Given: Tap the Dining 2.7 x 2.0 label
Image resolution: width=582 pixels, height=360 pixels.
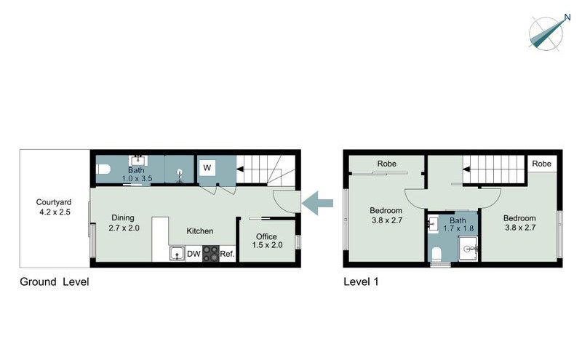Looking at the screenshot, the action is pyautogui.click(x=124, y=223).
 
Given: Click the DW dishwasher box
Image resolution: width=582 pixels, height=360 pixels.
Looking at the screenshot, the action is pyautogui.click(x=194, y=254).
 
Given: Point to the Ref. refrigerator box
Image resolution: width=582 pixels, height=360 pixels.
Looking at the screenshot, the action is pyautogui.click(x=227, y=254).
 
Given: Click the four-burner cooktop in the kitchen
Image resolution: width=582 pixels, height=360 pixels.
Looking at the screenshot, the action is pyautogui.click(x=210, y=254).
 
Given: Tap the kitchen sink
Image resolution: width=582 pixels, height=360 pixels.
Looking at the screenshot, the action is pyautogui.click(x=178, y=254).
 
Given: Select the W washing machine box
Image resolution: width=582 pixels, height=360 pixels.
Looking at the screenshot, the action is pyautogui.click(x=207, y=168).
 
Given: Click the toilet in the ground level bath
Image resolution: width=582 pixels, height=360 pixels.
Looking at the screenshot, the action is pyautogui.click(x=103, y=169).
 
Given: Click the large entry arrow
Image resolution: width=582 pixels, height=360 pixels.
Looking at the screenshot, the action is pyautogui.click(x=317, y=203).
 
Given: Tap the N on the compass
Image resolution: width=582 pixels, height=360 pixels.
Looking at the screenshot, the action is pyautogui.click(x=567, y=17).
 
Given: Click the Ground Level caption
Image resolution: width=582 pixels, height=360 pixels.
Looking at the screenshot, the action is pyautogui.click(x=54, y=281).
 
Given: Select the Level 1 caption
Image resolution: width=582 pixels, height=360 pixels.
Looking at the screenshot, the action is pyautogui.click(x=361, y=281).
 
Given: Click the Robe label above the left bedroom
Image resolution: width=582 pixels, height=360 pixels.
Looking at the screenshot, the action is pyautogui.click(x=387, y=164).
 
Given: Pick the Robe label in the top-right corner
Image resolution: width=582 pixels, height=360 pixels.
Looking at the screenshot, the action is pyautogui.click(x=541, y=164).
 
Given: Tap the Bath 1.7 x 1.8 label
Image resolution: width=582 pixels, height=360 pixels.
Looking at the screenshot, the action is pyautogui.click(x=458, y=225).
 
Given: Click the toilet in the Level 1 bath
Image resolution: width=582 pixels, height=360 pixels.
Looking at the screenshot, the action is pyautogui.click(x=436, y=255).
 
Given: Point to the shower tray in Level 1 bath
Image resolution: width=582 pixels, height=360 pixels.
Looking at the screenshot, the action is pyautogui.click(x=469, y=249).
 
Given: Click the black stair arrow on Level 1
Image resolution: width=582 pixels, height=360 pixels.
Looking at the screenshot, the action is pyautogui.click(x=466, y=169).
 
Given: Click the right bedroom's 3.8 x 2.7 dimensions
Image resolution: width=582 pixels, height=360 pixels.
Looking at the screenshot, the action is pyautogui.click(x=520, y=228).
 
